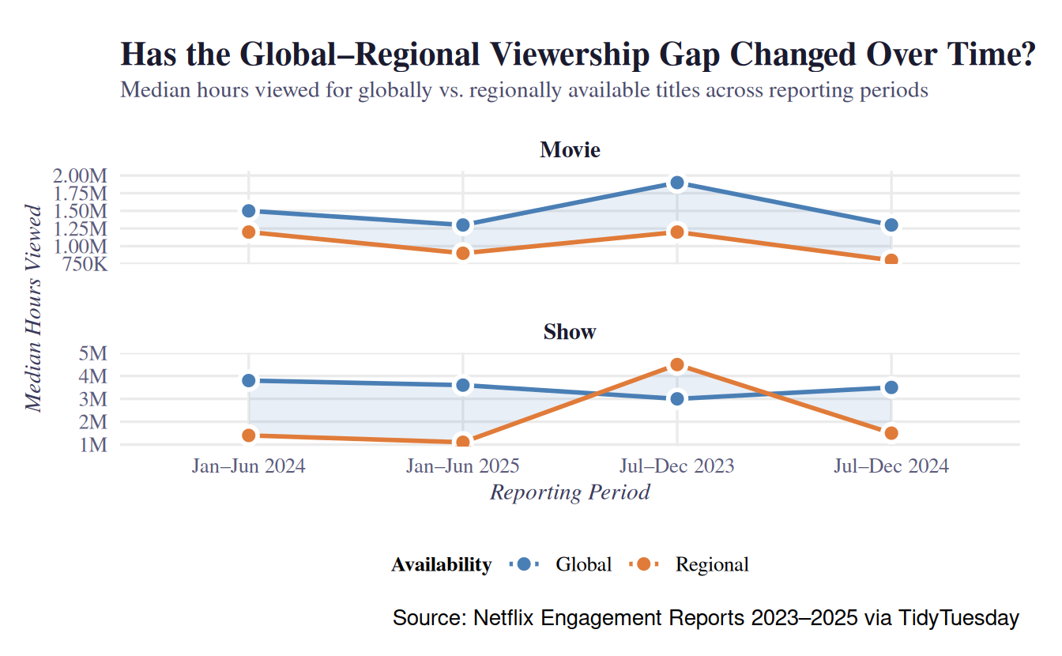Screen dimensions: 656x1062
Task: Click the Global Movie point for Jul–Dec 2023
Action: click(x=676, y=183)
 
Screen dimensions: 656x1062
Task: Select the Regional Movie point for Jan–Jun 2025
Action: click(x=463, y=253)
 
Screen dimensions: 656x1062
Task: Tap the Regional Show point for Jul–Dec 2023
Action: click(x=676, y=364)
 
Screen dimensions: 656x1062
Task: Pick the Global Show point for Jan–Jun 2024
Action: click(x=249, y=381)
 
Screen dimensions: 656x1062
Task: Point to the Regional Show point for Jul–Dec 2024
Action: click(x=891, y=433)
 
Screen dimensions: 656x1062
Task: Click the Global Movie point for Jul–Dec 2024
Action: click(x=891, y=225)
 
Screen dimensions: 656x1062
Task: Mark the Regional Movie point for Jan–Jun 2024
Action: click(x=249, y=232)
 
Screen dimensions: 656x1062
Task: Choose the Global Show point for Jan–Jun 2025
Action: click(x=463, y=386)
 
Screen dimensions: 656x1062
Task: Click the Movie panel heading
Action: click(x=570, y=150)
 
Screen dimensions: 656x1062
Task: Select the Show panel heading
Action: click(x=570, y=332)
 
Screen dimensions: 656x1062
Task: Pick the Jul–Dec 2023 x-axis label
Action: click(x=676, y=466)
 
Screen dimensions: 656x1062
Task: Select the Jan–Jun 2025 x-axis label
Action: click(x=463, y=466)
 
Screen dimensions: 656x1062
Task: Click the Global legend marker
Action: click(x=523, y=564)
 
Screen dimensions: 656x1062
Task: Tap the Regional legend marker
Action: click(x=643, y=564)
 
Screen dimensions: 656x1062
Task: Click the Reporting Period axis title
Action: click(x=570, y=492)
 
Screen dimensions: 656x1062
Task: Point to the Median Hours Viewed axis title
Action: click(x=33, y=308)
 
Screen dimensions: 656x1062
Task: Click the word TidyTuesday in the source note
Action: click(x=958, y=618)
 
